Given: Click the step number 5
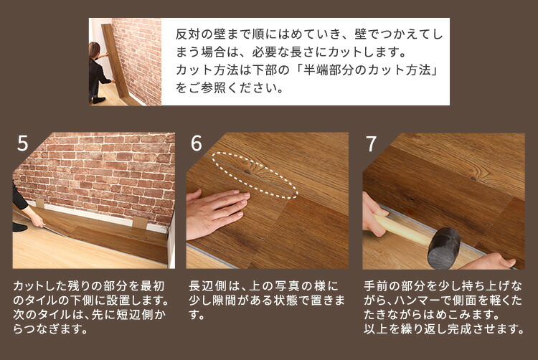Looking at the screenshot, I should pos(22,144).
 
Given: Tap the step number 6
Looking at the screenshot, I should pos(197,144).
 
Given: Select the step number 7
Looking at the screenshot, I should pos(371,144).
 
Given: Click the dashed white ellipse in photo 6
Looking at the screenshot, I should pos(255,174).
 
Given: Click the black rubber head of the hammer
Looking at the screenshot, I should pos(444,246).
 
